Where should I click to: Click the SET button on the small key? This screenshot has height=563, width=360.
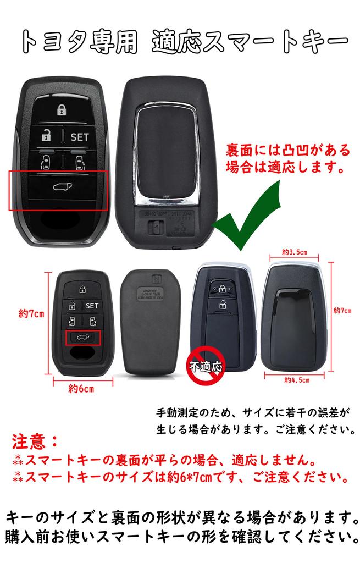(x=91, y=306)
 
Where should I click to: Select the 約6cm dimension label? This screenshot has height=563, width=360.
(x=81, y=389)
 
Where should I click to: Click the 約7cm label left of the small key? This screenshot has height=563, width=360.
(x=31, y=314)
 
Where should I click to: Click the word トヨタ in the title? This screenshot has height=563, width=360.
(x=60, y=41)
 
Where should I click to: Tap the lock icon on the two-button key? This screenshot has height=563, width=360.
(x=221, y=288)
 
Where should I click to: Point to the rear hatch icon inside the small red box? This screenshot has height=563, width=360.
(x=83, y=337)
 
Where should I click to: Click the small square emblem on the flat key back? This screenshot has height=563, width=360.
(x=155, y=278)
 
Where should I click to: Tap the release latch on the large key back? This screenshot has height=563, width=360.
(x=156, y=225)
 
